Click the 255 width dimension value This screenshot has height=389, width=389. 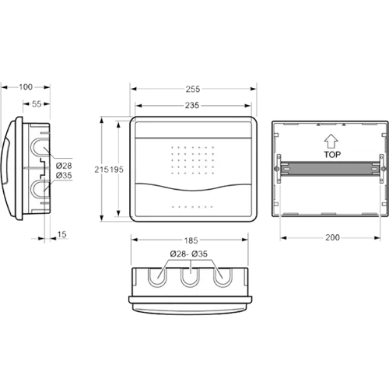(193, 89)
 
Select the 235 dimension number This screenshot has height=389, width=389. (192, 105)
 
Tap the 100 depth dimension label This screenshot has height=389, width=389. (26, 87)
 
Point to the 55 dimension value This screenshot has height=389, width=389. (37, 104)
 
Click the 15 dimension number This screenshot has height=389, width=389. (61, 235)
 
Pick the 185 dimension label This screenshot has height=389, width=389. (191, 240)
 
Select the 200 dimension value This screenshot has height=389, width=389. (332, 237)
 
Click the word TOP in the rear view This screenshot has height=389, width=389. (332, 155)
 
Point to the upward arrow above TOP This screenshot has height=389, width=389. (331, 142)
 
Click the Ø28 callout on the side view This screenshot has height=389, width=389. (64, 166)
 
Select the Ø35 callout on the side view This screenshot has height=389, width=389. (64, 176)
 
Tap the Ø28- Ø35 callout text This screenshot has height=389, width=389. (189, 254)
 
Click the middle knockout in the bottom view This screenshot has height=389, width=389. (190, 278)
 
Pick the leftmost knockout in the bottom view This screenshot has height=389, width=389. (157, 278)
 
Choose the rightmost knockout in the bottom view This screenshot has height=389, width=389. (223, 278)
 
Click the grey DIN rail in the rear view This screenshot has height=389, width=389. (330, 169)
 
